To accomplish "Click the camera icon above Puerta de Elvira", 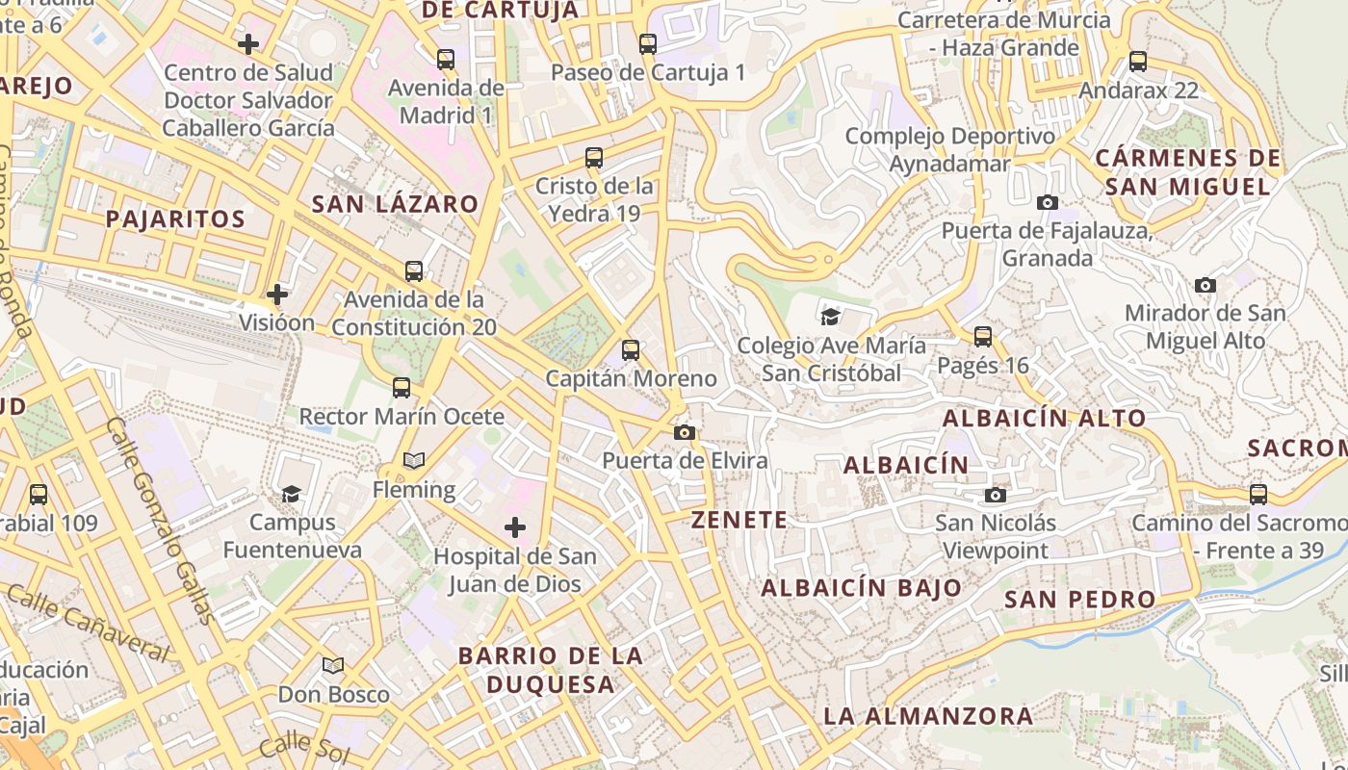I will point(685,432).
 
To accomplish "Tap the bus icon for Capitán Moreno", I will point(631,350).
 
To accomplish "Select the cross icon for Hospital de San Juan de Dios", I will point(515,527).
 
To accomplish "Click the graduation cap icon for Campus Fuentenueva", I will point(291,495).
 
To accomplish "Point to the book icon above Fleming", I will point(414,461).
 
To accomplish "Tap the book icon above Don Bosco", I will point(333,665).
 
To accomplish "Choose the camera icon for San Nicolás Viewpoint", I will point(996,495).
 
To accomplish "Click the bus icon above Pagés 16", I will point(983,337).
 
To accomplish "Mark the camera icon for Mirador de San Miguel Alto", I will point(1205,285).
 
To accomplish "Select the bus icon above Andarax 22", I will point(1138,62).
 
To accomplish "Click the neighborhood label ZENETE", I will point(739,521).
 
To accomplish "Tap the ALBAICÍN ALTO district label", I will point(1044,419).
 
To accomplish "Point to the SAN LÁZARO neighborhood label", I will point(395,204).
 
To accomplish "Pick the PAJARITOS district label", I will point(175,219).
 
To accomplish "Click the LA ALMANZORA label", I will point(928,716).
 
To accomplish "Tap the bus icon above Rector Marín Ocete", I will point(402,388).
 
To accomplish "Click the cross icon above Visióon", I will point(277,294).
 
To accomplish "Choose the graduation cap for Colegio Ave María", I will point(830,316).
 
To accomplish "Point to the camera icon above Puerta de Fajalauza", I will point(1048,202).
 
